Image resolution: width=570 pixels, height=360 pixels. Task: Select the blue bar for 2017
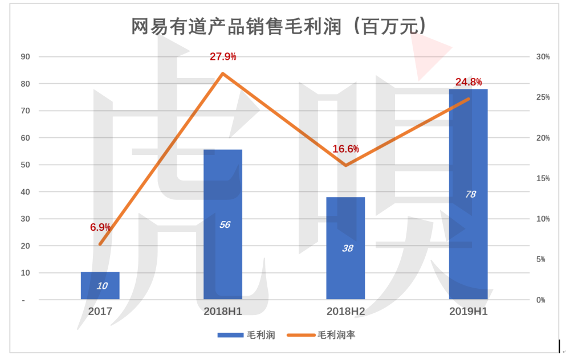coord(100,285)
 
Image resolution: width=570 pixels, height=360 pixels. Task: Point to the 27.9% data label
coord(223,57)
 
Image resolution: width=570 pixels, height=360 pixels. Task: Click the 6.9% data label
coord(100,227)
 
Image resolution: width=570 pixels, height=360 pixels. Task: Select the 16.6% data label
coord(345,149)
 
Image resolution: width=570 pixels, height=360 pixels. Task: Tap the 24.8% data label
coord(469,82)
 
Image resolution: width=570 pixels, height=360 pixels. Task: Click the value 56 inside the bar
coord(224,224)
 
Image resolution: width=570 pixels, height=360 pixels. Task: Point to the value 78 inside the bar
coord(470,194)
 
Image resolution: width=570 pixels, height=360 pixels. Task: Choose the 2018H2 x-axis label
coord(345,312)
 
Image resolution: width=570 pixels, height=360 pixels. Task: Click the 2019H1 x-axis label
coord(468,312)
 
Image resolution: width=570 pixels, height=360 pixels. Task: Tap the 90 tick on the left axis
coord(26,57)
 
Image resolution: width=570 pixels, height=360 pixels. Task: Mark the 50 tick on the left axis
coord(26,165)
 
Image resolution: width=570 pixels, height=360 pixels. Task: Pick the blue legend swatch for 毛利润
coord(231,335)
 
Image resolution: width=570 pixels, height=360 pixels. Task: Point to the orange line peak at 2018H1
coord(223,73)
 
